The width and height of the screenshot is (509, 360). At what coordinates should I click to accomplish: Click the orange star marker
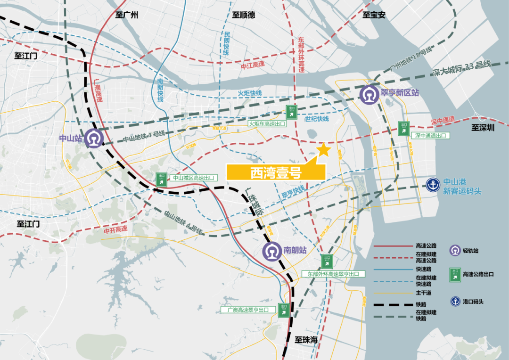(323, 149)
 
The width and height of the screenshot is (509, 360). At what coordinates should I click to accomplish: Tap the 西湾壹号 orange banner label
(276, 172)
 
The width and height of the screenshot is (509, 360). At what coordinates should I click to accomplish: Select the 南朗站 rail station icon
(272, 251)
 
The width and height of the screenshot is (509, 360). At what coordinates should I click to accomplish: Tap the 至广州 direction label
(127, 15)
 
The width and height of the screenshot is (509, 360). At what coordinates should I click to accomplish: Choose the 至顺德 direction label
(243, 15)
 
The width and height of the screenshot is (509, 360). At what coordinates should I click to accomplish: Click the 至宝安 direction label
(374, 15)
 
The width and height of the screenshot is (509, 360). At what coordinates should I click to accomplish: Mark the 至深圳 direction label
(483, 128)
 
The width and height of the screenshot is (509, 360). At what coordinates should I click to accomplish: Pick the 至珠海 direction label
(307, 339)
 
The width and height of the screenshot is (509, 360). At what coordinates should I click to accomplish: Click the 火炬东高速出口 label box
(267, 123)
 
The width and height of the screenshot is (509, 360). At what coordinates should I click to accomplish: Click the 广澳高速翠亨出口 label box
(247, 310)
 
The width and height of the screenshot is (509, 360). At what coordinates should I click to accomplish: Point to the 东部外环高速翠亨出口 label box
(333, 274)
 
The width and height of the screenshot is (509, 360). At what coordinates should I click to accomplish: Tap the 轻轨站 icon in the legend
(455, 251)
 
